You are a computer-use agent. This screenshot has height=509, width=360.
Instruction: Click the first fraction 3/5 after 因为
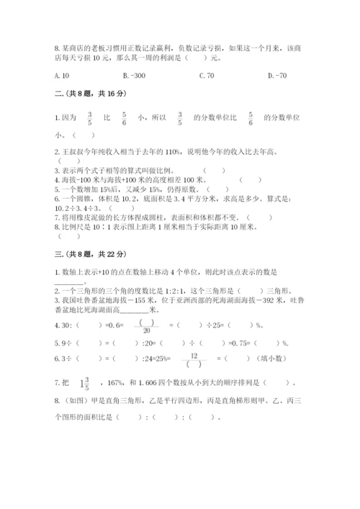(x=90, y=119)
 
